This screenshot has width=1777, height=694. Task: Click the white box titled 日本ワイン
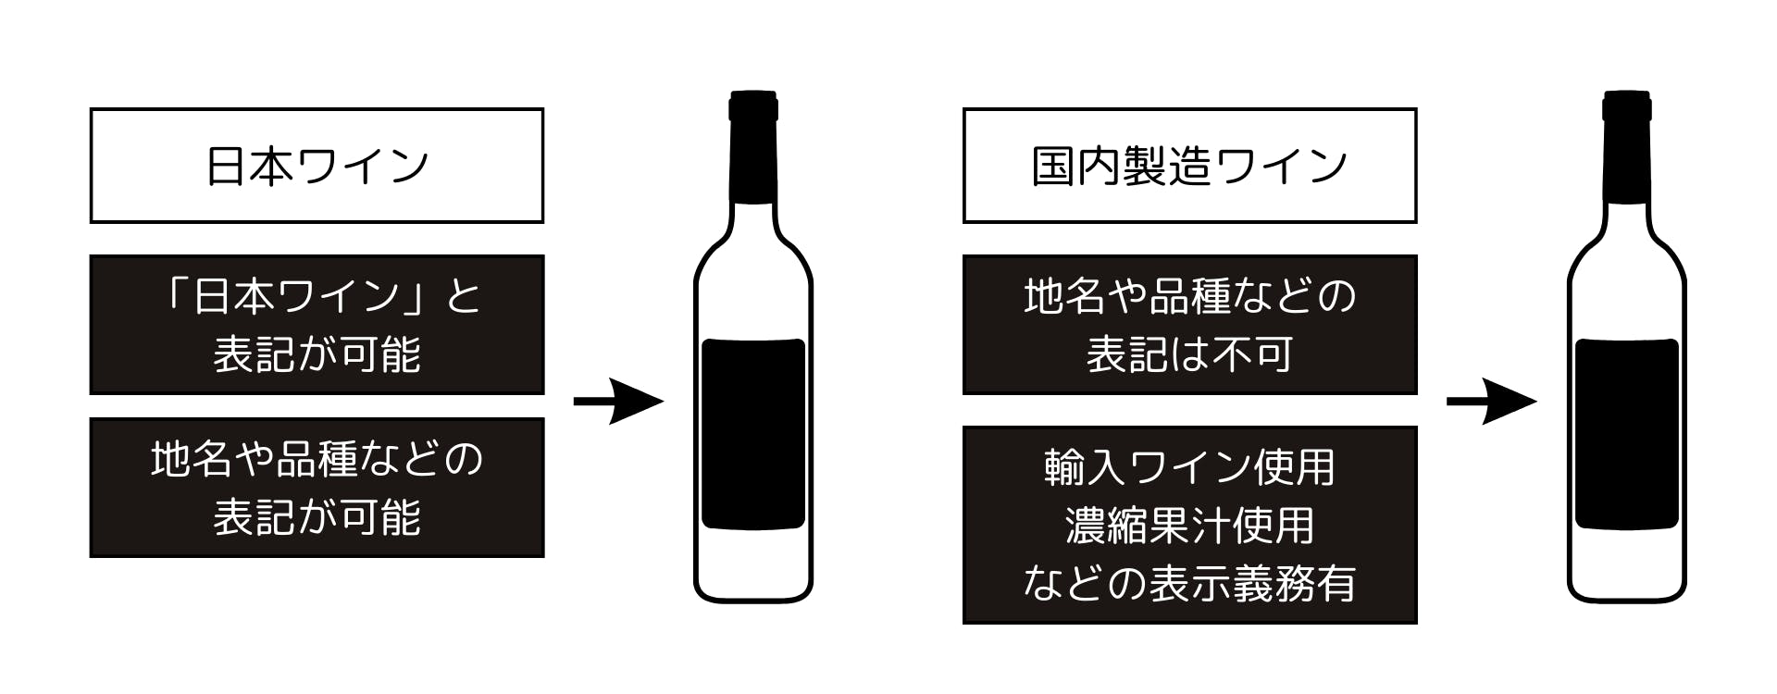point(317,166)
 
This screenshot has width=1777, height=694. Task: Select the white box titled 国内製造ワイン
point(1189,166)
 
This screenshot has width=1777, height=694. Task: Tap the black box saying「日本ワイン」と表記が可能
point(317,325)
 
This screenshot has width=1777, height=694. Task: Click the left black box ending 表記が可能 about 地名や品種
point(317,488)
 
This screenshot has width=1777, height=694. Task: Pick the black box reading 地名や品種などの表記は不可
point(1189,325)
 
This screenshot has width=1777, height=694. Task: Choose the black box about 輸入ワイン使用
point(1189,525)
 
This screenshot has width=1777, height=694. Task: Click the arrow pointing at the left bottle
point(618,401)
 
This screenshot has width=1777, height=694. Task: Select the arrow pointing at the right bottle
point(1491,401)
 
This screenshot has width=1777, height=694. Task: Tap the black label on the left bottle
point(753,434)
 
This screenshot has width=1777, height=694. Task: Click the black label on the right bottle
point(1626,434)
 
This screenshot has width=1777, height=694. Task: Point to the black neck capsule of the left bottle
point(753,146)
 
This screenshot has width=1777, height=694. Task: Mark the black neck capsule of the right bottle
point(1626,146)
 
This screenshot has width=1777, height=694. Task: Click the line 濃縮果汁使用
point(1189,526)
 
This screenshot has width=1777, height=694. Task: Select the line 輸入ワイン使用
point(1189,467)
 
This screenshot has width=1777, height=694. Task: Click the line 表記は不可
point(1189,354)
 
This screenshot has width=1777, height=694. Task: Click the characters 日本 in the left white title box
point(249,167)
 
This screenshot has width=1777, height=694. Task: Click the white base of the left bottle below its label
point(753,564)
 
